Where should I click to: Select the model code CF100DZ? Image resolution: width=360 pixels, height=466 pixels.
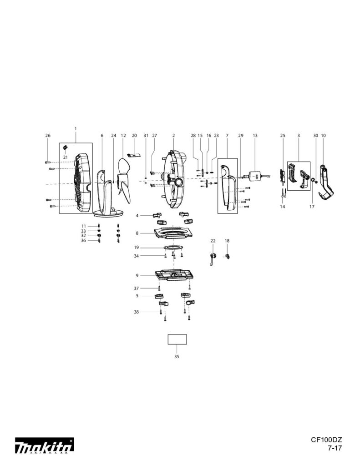(326, 440)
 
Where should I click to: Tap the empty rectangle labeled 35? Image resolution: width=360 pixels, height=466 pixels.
(177, 339)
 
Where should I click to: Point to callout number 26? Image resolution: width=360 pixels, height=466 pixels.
(48, 136)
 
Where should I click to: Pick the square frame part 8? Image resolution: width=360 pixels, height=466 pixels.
(173, 233)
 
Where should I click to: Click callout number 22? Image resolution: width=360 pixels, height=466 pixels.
(213, 240)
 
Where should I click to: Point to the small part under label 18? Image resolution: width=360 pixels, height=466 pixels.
(228, 257)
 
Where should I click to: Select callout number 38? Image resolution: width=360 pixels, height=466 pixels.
(136, 312)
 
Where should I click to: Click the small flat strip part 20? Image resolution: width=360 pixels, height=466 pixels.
(134, 155)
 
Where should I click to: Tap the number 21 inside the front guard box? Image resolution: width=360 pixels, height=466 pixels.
(65, 157)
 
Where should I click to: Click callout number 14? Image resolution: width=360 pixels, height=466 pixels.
(282, 207)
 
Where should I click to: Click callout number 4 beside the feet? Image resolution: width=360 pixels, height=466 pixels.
(137, 215)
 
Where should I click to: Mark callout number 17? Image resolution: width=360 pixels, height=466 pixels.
(312, 207)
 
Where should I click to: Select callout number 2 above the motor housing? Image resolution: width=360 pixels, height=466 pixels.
(173, 136)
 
